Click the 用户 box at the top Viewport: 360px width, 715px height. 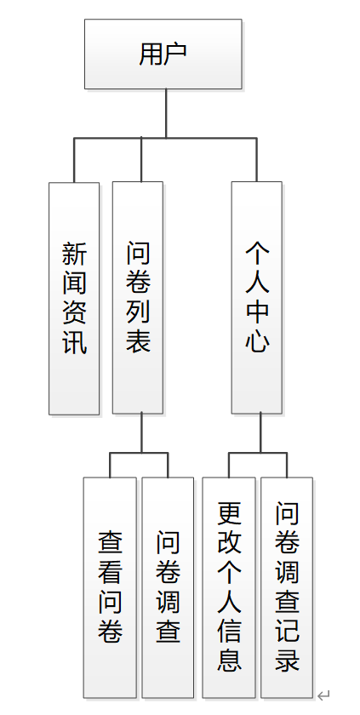tap(163, 54)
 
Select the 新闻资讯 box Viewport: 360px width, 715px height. tap(74, 298)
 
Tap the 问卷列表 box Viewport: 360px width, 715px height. tap(138, 298)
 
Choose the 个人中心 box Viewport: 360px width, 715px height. tap(257, 298)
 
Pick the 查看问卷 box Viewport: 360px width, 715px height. tap(111, 587)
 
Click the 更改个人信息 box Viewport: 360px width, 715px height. tap(229, 587)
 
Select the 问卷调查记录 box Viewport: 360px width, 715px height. tap(287, 587)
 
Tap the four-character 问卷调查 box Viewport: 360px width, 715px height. tap(168, 587)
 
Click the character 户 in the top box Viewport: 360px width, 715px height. tap(175, 54)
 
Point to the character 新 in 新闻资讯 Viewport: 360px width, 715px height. tap(74, 253)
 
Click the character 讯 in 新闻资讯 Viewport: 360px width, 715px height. tap(74, 343)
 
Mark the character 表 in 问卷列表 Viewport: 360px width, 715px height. tap(138, 343)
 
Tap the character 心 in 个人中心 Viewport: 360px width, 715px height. tap(257, 343)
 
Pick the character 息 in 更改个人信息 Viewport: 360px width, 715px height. tap(229, 661)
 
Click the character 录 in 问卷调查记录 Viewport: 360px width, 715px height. tap(287, 661)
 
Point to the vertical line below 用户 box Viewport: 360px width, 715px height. tap(166, 112)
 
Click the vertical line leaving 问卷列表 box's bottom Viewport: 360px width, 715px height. tap(140, 433)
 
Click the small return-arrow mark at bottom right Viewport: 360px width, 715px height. tap(323, 696)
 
